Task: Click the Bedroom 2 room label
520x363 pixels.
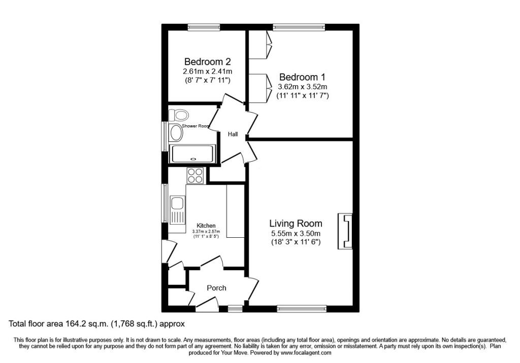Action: click(207, 61)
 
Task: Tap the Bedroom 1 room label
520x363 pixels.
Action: click(302, 77)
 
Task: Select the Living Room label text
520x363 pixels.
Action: click(296, 223)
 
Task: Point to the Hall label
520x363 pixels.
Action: click(233, 134)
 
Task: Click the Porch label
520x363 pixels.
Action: click(216, 288)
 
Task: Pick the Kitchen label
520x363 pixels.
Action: click(206, 226)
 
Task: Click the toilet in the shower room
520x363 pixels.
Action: click(179, 115)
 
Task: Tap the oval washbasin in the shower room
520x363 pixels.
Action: click(176, 133)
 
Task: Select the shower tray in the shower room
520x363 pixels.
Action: click(192, 154)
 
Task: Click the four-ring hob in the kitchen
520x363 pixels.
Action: click(195, 175)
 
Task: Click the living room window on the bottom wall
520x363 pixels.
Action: click(302, 308)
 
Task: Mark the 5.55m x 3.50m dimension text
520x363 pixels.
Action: click(296, 234)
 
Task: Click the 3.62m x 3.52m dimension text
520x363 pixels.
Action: click(302, 87)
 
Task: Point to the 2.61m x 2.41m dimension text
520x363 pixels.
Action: click(207, 71)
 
